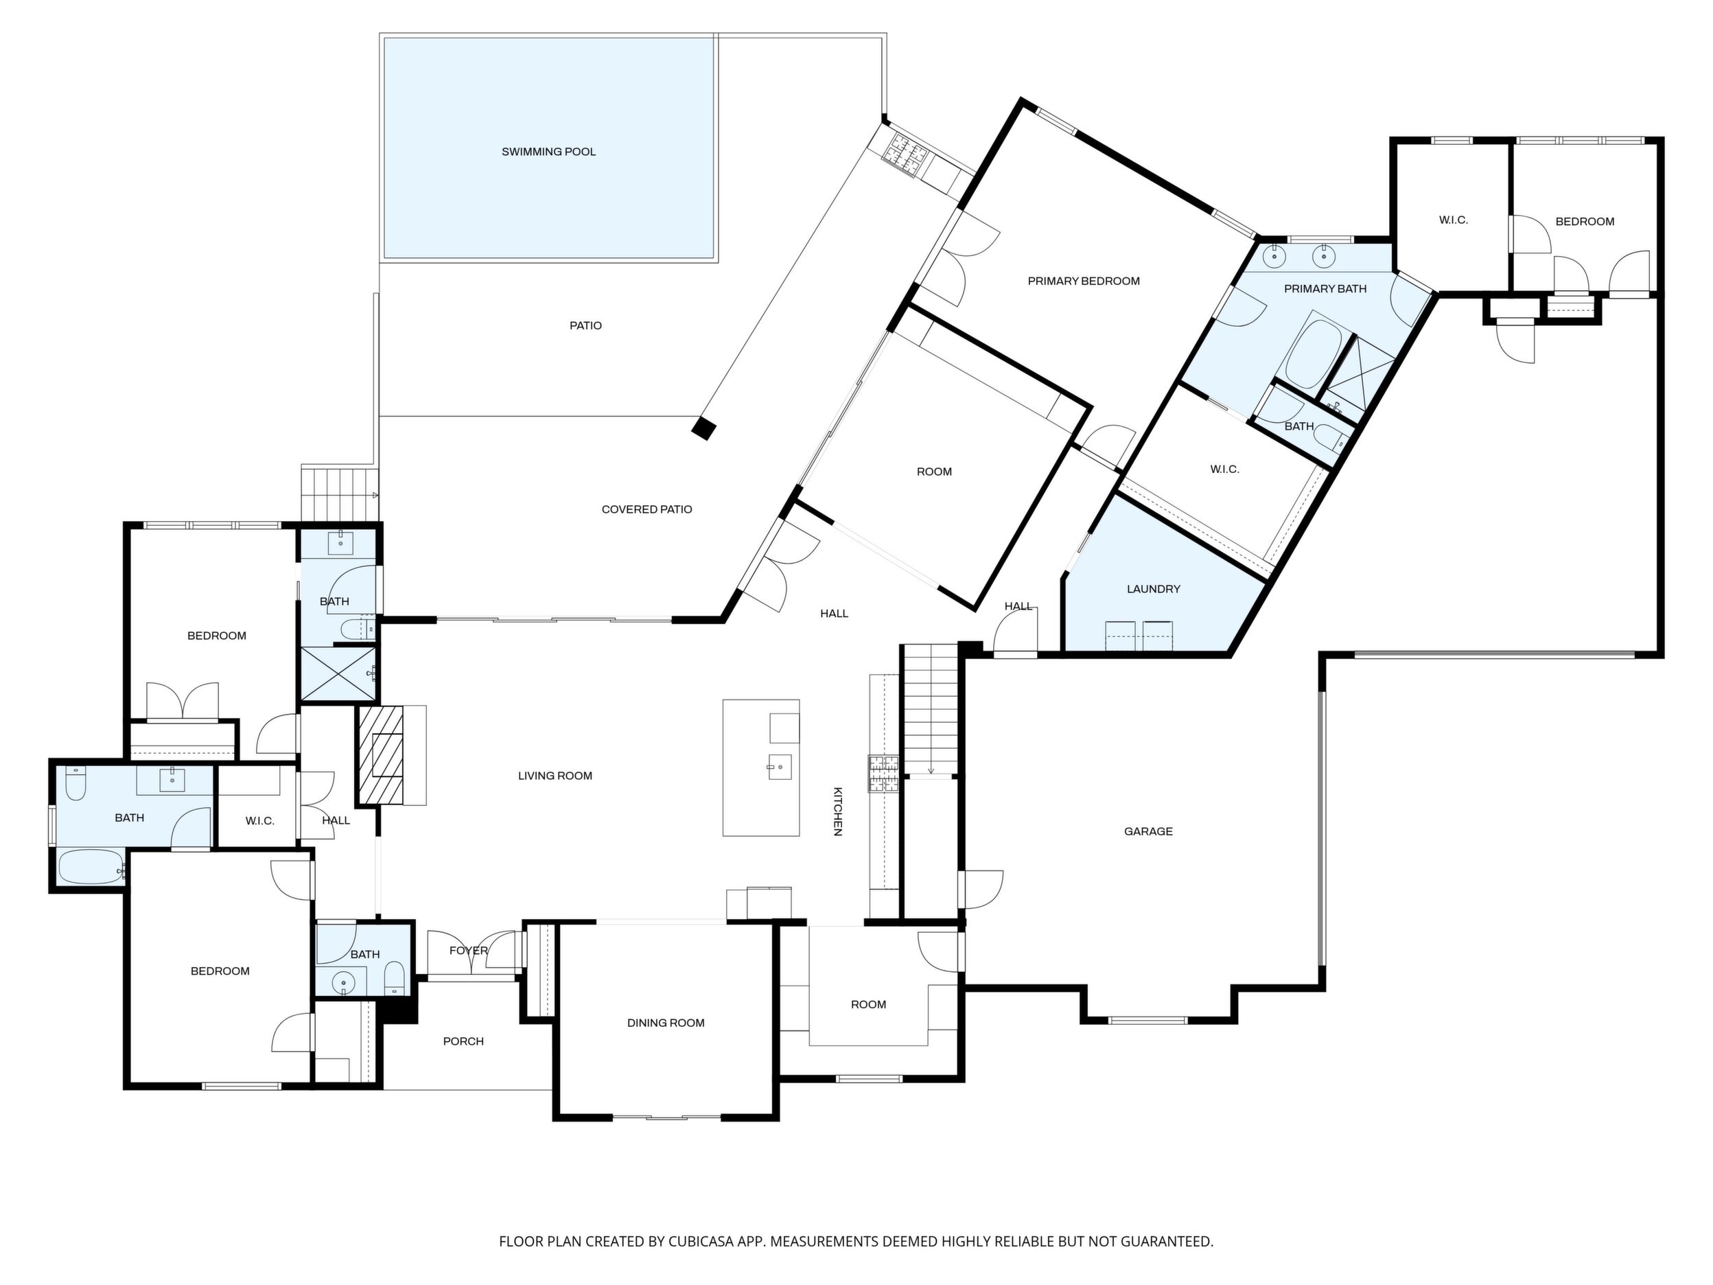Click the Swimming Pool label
pos(548,152)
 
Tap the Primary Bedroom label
pos(1084,281)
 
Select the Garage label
pos(1148,831)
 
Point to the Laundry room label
pos(1153,589)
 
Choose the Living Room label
pos(555,776)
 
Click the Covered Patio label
pos(646,509)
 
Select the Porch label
pos(463,1041)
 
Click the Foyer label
pos(469,951)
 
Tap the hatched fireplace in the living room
pos(381,754)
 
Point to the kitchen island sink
pos(780,767)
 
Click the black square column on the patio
pos(704,428)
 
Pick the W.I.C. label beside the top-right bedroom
pos(1454,220)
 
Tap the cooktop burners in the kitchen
pos(883,774)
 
